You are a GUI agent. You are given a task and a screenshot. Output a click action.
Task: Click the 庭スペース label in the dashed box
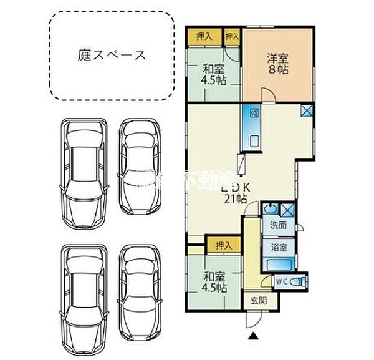(112, 55)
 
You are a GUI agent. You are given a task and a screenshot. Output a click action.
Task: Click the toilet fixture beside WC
(298, 282)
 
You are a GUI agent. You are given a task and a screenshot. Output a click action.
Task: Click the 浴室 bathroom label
(278, 247)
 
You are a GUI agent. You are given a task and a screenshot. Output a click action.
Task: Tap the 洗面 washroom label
(278, 226)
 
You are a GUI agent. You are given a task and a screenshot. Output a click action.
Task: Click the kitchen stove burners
(254, 114)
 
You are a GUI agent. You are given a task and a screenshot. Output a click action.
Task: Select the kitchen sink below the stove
(254, 140)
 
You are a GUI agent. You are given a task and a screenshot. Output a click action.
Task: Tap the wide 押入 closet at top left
(204, 37)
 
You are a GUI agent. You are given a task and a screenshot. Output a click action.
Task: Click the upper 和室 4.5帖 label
(213, 76)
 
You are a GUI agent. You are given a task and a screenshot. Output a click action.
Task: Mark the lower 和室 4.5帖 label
(213, 282)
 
